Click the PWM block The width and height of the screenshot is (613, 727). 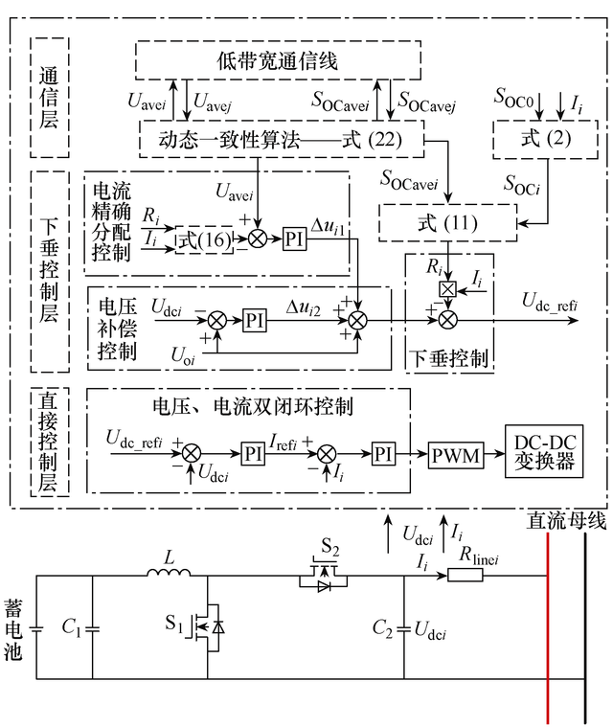pyautogui.click(x=455, y=452)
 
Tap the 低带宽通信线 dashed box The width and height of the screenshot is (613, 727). pyautogui.click(x=278, y=62)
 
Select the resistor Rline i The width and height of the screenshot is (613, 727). pyautogui.click(x=465, y=577)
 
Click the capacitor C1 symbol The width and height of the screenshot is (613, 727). pyautogui.click(x=92, y=628)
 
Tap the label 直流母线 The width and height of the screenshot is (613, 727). pyautogui.click(x=567, y=520)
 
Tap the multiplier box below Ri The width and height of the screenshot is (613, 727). pyautogui.click(x=445, y=289)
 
